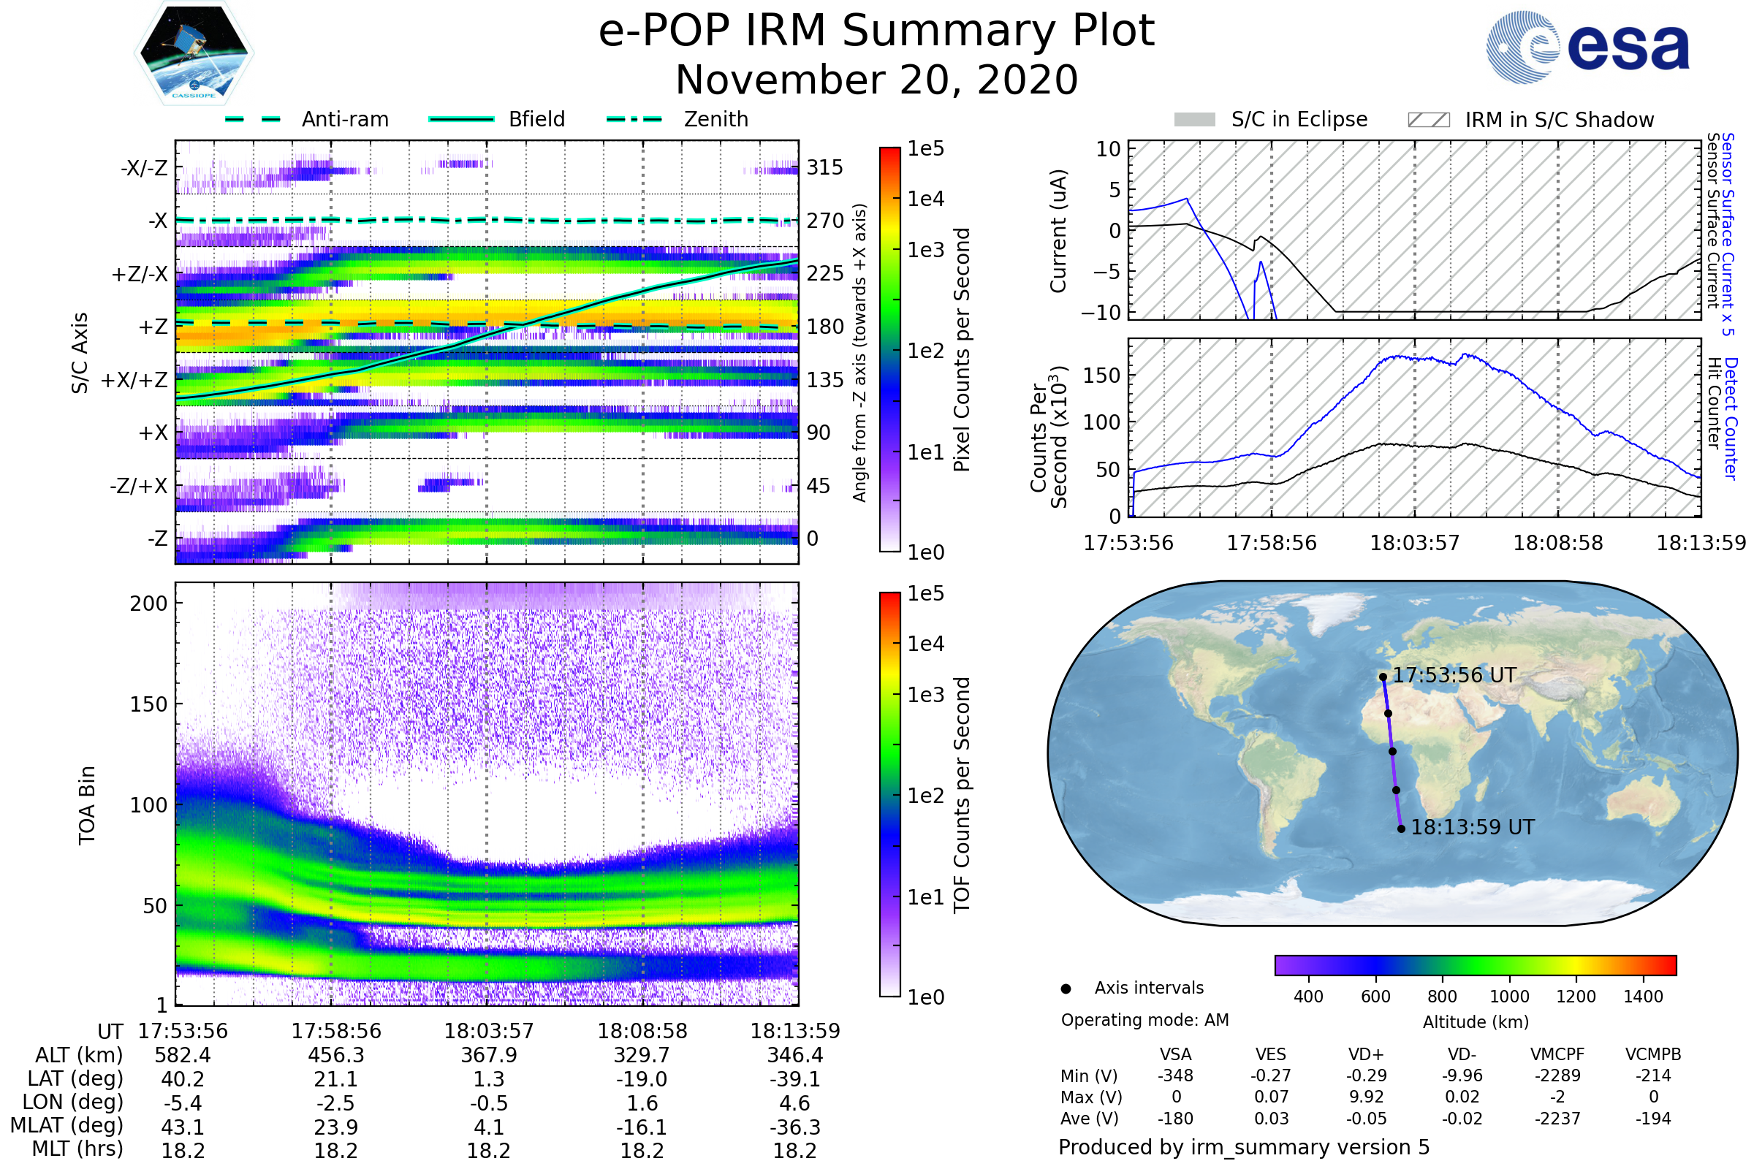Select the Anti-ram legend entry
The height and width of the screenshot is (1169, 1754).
pyautogui.click(x=344, y=119)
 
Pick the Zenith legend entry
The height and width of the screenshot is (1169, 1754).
pyautogui.click(x=715, y=119)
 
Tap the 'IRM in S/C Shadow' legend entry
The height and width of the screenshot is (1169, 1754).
pyautogui.click(x=1559, y=120)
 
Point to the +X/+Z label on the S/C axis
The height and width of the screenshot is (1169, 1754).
pyautogui.click(x=134, y=380)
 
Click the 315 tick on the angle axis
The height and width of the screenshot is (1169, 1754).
pyautogui.click(x=824, y=167)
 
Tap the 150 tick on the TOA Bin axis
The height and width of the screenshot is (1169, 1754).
pyautogui.click(x=148, y=704)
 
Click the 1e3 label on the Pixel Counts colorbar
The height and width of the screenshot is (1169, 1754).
pyautogui.click(x=925, y=250)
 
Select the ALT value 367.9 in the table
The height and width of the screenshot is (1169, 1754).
pyautogui.click(x=488, y=1056)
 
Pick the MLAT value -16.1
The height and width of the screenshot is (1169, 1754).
pyautogui.click(x=642, y=1127)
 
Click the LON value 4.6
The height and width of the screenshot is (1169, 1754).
pyautogui.click(x=794, y=1103)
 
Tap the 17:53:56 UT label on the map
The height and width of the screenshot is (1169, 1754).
pyautogui.click(x=1454, y=675)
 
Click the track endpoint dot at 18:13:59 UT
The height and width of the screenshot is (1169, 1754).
pyautogui.click(x=1401, y=829)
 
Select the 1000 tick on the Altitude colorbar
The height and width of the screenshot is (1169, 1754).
pyautogui.click(x=1509, y=997)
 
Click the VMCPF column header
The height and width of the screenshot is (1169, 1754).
pyautogui.click(x=1557, y=1055)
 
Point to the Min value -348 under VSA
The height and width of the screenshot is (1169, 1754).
pyautogui.click(x=1175, y=1075)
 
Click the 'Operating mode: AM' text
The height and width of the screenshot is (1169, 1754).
pyautogui.click(x=1144, y=1020)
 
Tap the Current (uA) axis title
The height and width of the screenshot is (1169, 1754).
pyautogui.click(x=1058, y=231)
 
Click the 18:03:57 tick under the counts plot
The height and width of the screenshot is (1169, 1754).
pyautogui.click(x=1414, y=543)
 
